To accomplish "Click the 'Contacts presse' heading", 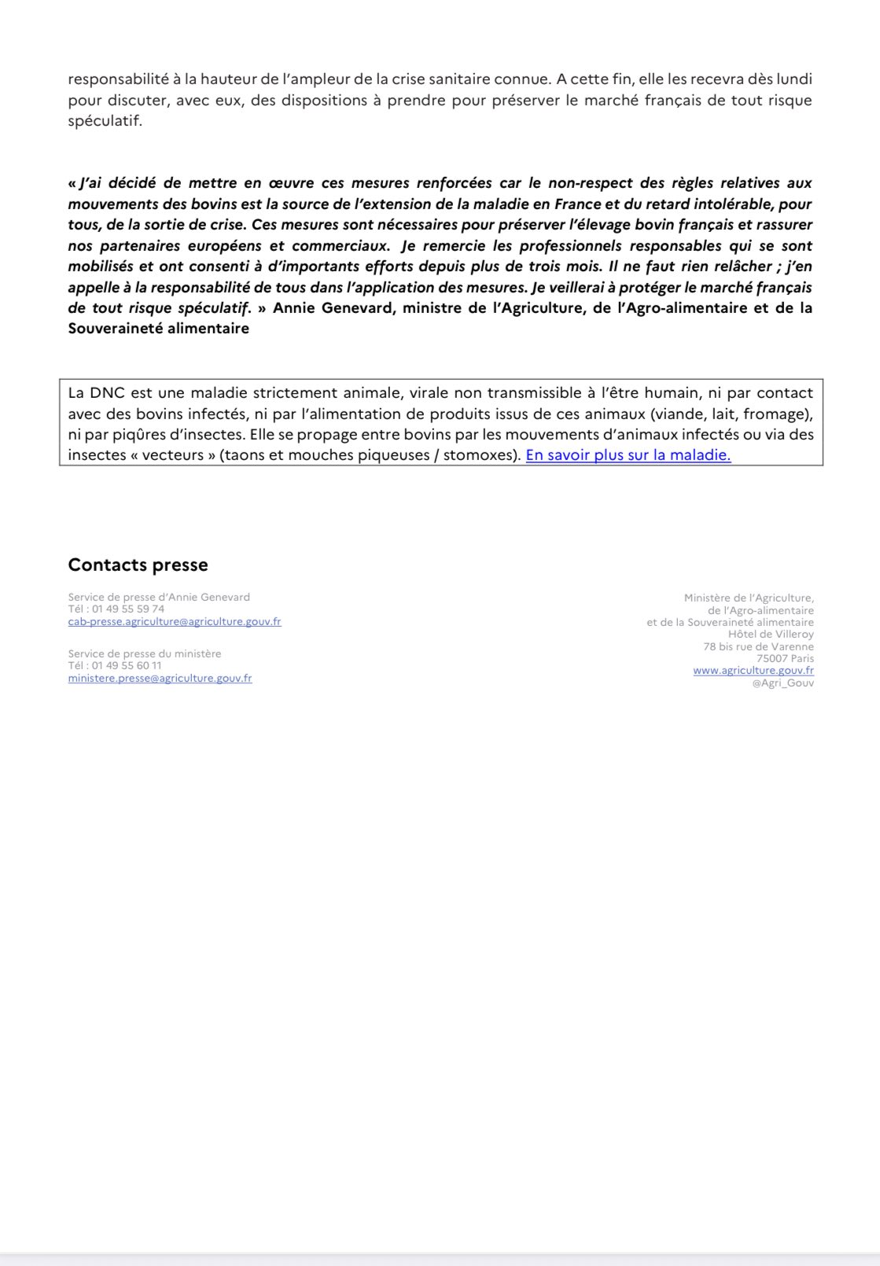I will coord(138,565).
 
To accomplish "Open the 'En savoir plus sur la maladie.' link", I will coord(628,455).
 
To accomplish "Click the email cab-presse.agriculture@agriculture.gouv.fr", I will coord(175,621).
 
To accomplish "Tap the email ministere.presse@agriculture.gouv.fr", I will coord(160,678).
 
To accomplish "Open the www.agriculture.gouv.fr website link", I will coord(753,671).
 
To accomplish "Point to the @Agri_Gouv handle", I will coord(782,683).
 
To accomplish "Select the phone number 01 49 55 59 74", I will coord(129,609).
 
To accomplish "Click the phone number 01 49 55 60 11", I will coord(126,665).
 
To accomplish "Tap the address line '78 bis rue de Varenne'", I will coord(758,646).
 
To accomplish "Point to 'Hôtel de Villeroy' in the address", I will coord(771,634).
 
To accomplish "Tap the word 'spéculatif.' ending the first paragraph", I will coord(105,122).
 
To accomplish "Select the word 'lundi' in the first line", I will coord(793,79).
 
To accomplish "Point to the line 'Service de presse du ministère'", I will coord(145,653).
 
